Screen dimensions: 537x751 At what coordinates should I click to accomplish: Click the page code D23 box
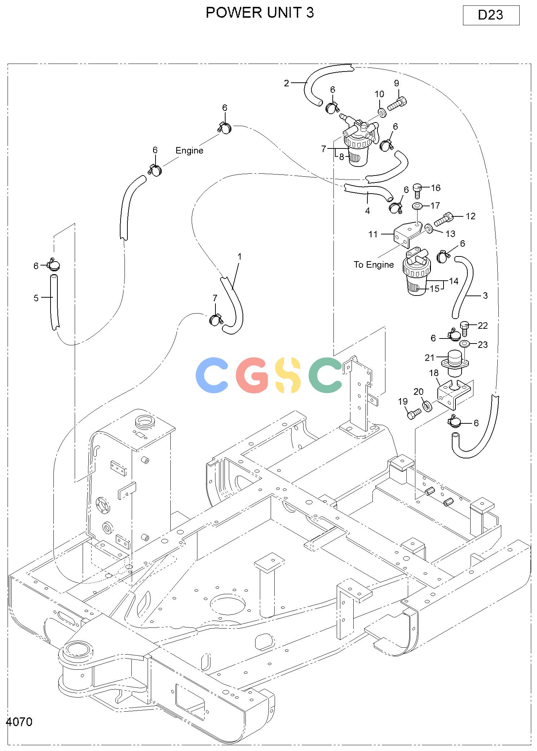pyautogui.click(x=491, y=15)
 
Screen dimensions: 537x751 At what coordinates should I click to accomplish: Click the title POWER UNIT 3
pyautogui.click(x=260, y=13)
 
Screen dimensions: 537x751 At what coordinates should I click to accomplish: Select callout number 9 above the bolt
pyautogui.click(x=397, y=83)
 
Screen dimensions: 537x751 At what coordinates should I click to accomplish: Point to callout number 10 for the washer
pyautogui.click(x=379, y=94)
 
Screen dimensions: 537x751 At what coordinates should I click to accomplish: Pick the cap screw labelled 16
pyautogui.click(x=418, y=190)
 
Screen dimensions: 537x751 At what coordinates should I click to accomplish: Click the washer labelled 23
pyautogui.click(x=464, y=343)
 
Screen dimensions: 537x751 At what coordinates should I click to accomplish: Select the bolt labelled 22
pyautogui.click(x=464, y=328)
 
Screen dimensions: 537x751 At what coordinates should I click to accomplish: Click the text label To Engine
pyautogui.click(x=374, y=265)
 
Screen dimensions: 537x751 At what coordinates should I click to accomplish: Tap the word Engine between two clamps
pyautogui.click(x=189, y=151)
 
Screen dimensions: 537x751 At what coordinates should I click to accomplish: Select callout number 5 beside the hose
pyautogui.click(x=36, y=298)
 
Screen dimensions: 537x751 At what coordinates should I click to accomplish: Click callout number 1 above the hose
pyautogui.click(x=239, y=257)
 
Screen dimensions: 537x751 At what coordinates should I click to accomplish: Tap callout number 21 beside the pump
pyautogui.click(x=429, y=358)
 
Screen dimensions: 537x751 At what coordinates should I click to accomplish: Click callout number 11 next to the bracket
pyautogui.click(x=373, y=234)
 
